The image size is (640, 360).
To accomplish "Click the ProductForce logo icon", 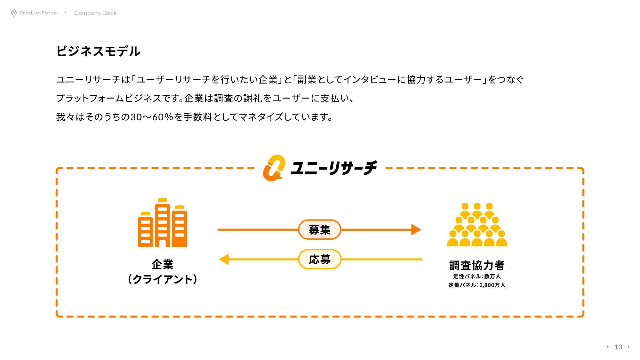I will [x=14, y=13].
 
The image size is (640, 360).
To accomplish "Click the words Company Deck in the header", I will [x=95, y=13].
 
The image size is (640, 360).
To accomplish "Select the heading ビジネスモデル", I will [x=98, y=51].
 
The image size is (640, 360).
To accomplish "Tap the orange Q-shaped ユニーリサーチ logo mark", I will [x=274, y=168].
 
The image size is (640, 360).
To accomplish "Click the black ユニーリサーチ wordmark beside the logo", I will [x=333, y=168].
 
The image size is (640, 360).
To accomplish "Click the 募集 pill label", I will [x=319, y=229].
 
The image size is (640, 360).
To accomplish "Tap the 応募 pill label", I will [x=319, y=259].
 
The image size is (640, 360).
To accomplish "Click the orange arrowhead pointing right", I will [x=416, y=229].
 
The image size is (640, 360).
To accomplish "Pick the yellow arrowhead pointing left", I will [x=224, y=259].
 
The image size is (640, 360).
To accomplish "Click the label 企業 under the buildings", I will [x=162, y=265].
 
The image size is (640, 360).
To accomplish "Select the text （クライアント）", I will [x=162, y=279].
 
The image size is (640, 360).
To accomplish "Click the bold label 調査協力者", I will [x=477, y=265].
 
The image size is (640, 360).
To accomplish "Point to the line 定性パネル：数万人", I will [x=477, y=276].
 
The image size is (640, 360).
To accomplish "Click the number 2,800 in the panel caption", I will [x=486, y=285].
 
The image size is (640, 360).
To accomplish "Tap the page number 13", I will [x=618, y=347].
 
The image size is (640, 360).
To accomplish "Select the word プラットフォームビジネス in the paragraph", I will [x=108, y=98].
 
